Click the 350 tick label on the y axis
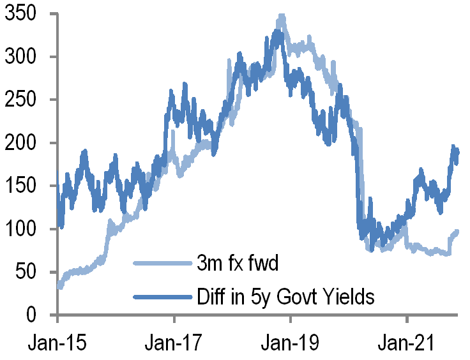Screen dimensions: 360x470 pyautogui.click(x=22, y=13)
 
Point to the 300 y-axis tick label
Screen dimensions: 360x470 pyautogui.click(x=22, y=57)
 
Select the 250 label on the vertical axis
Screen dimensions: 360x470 pyautogui.click(x=22, y=100)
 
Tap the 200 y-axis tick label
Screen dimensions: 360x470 pyautogui.click(x=22, y=143)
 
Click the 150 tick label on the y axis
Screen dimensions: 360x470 pyautogui.click(x=22, y=186)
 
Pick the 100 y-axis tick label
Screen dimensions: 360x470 pyautogui.click(x=22, y=229)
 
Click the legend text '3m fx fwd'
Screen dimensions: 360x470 pyautogui.click(x=238, y=263)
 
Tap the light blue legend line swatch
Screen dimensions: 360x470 pyautogui.click(x=162, y=263)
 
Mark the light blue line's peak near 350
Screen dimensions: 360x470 pyautogui.click(x=281, y=16)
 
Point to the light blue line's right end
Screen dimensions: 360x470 pyautogui.click(x=457, y=232)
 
